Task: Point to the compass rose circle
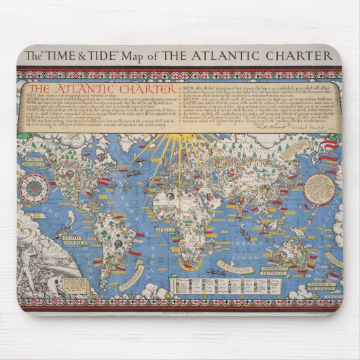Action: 32,188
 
